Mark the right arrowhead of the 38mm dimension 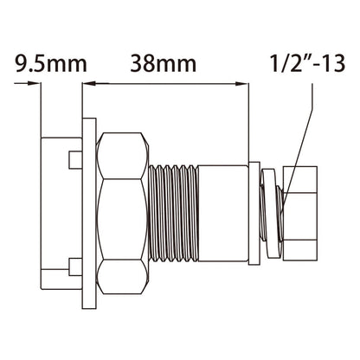(x=235, y=84)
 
